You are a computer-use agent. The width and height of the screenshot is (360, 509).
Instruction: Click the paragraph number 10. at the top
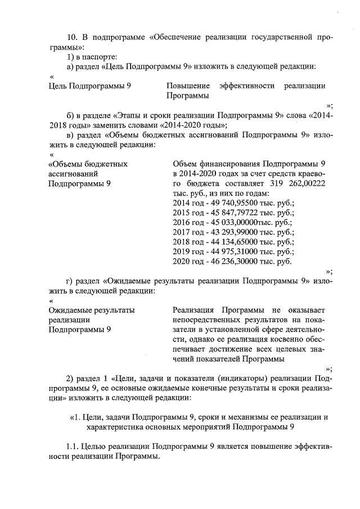pos(73,38)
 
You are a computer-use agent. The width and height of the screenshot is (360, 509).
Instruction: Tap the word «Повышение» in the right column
pos(186,86)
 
